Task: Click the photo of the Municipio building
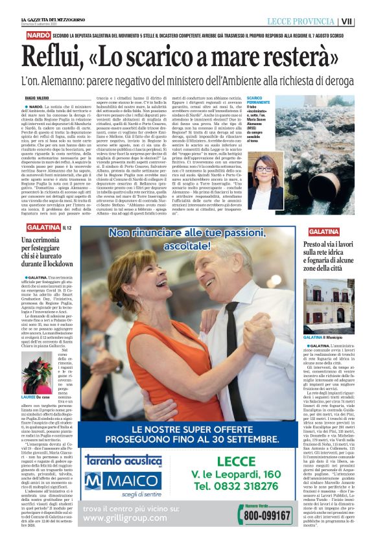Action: click(x=329, y=307)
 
